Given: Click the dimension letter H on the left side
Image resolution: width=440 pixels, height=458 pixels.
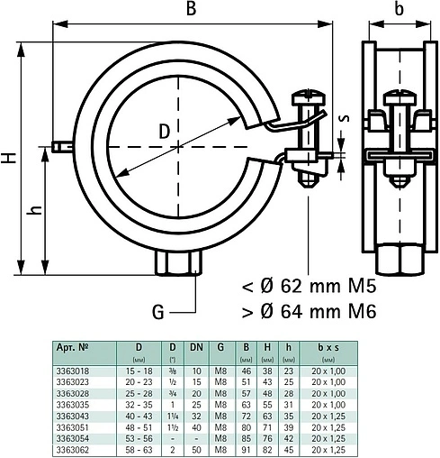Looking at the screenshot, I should pos(8,157).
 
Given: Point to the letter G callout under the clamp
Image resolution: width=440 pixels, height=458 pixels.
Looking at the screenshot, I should pos(157,313).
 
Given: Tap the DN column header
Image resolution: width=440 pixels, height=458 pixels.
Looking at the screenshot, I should pos(196,345).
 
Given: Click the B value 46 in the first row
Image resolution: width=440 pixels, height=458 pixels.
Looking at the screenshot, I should pos(244,370).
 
